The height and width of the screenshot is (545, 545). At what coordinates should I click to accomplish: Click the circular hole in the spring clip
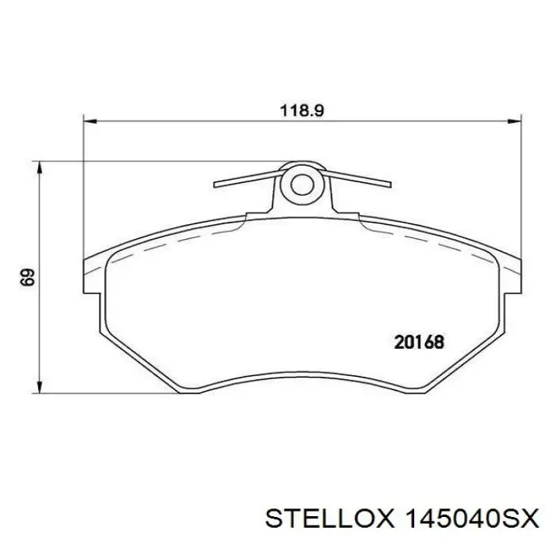[301, 184]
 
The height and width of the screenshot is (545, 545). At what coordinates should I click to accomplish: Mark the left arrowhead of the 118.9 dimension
[89, 121]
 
